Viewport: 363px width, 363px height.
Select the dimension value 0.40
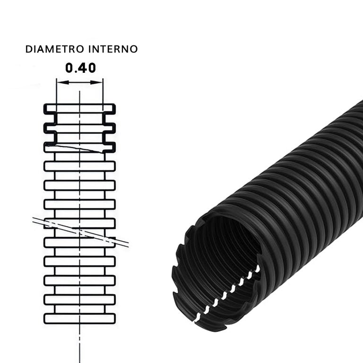(x=80, y=68)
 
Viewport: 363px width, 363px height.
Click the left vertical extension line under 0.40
(x=57, y=92)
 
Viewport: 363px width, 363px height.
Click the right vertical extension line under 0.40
(x=103, y=92)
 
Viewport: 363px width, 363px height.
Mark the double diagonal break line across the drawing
(x=80, y=232)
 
